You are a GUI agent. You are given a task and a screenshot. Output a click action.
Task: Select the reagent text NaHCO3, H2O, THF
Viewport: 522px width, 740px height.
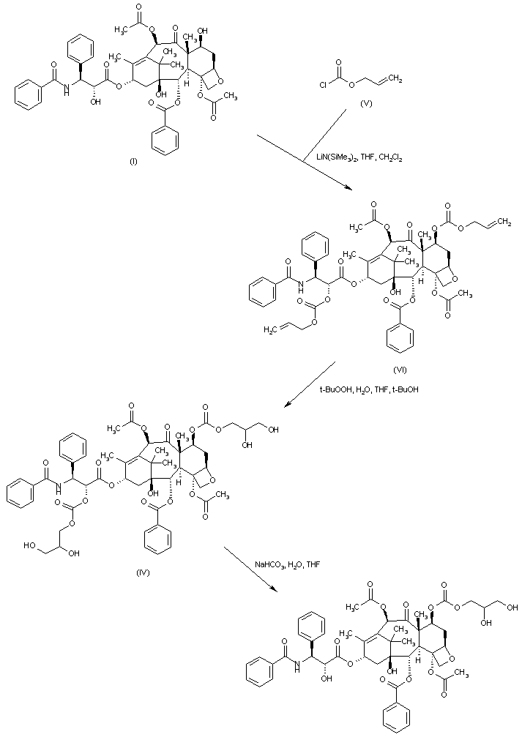tap(287, 564)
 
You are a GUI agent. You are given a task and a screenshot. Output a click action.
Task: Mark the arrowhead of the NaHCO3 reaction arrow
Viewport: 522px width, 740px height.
tap(275, 587)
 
